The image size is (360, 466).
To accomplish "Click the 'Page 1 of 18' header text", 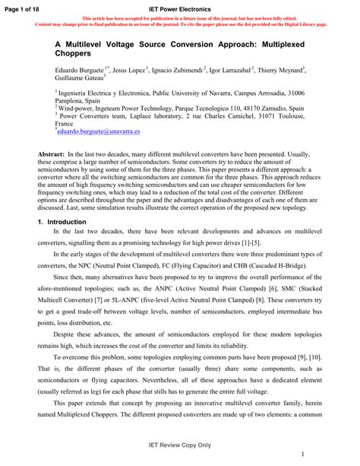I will pos(24,7).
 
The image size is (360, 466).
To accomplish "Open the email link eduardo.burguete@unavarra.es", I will pos(95,132).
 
